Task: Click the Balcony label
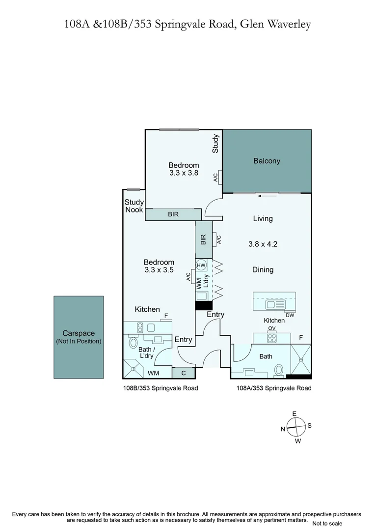coord(267,161)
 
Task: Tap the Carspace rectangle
coord(79,337)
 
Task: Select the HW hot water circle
coord(201,265)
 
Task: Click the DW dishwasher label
coord(290,315)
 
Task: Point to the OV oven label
coord(272,328)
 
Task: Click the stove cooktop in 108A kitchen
coord(272,338)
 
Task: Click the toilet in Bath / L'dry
coord(133,343)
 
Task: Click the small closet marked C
coord(184,373)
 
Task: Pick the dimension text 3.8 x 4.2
coord(263,244)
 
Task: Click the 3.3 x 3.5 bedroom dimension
coord(159,270)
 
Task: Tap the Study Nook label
coord(134,206)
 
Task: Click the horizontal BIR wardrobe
coord(173,214)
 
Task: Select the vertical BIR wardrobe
coord(204,239)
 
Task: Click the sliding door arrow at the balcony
coord(267,195)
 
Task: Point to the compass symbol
coord(296,427)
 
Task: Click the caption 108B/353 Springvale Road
coord(161,388)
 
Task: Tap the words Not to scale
coord(327,524)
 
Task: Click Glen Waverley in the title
coord(275,25)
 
